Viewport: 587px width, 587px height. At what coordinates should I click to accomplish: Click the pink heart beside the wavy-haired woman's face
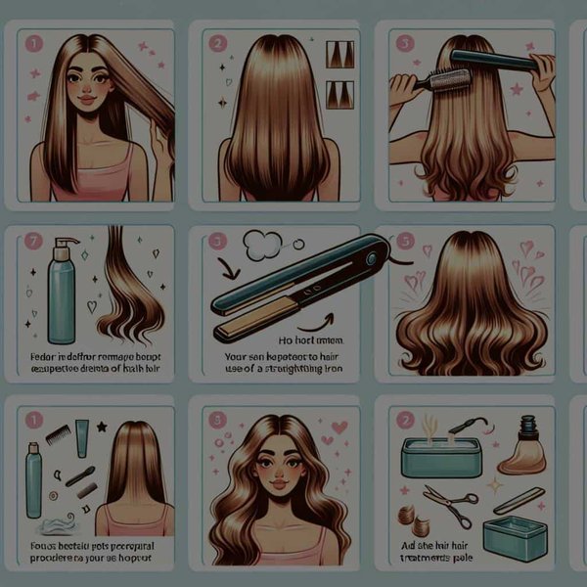339,428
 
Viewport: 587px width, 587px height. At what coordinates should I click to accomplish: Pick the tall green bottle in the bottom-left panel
34,484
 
